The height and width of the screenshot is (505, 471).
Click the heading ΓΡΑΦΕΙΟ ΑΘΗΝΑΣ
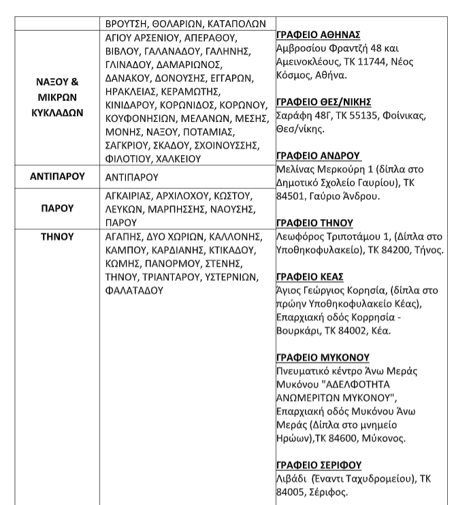[318, 35]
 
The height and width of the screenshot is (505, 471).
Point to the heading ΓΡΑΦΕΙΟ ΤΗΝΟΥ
[315, 223]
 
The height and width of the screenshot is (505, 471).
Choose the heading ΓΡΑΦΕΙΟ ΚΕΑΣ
[310, 276]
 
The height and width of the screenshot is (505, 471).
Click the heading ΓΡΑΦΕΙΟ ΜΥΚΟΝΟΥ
[323, 357]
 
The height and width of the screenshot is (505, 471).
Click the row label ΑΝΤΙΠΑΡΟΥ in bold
[57, 176]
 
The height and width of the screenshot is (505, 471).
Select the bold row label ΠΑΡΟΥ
[57, 208]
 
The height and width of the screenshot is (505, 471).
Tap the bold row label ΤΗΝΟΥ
[57, 237]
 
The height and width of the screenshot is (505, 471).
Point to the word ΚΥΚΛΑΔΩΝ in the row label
[57, 112]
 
